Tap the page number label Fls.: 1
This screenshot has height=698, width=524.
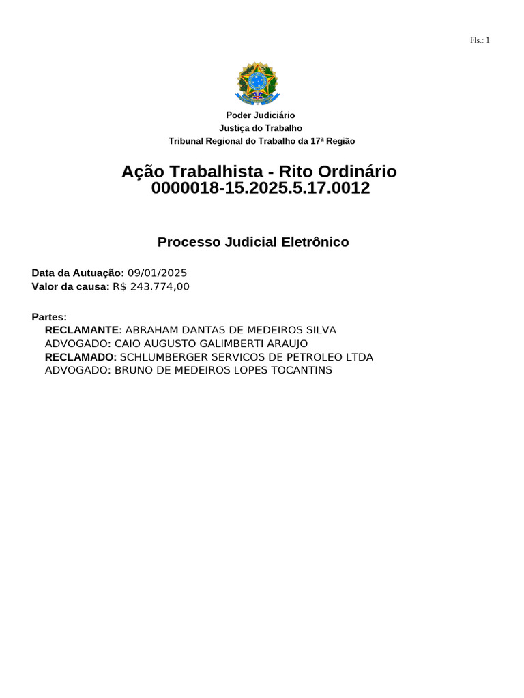coord(480,40)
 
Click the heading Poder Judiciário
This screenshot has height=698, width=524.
coord(261,115)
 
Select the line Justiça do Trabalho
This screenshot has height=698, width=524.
coord(261,128)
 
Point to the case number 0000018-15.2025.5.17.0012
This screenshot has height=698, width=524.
coord(261,188)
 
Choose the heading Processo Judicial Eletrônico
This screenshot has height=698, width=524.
coord(253,242)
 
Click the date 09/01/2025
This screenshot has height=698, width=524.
coord(157,273)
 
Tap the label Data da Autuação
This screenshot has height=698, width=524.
coord(78,273)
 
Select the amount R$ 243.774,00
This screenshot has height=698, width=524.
coord(151,286)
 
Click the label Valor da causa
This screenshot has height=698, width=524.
coord(70,286)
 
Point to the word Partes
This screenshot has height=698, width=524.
coord(49,317)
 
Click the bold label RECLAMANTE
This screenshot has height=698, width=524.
coord(83,330)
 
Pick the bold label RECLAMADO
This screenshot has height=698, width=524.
coord(81,357)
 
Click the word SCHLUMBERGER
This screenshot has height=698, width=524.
coord(160,357)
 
